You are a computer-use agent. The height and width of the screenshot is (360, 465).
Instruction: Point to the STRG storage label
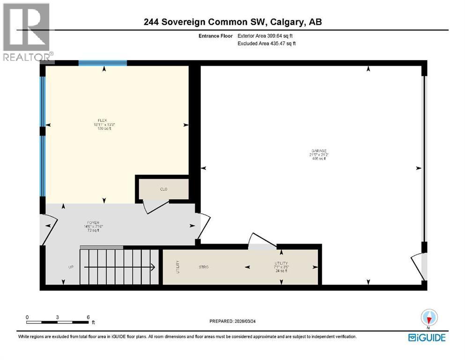tap(203, 267)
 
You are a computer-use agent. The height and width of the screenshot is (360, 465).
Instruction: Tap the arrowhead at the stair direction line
tap(153, 267)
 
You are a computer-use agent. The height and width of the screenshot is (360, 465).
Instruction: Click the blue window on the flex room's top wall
tap(103, 63)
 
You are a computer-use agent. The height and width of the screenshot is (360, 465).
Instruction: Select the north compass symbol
tap(428, 318)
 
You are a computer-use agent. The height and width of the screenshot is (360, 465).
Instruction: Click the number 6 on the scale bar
tap(88, 317)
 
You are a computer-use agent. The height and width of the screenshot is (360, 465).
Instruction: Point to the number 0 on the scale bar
tap(28, 317)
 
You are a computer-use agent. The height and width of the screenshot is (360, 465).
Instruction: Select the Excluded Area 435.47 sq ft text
tap(267, 43)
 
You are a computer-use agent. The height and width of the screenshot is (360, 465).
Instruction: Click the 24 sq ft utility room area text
tap(281, 271)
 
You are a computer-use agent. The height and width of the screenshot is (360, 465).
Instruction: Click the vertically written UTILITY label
tap(178, 267)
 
